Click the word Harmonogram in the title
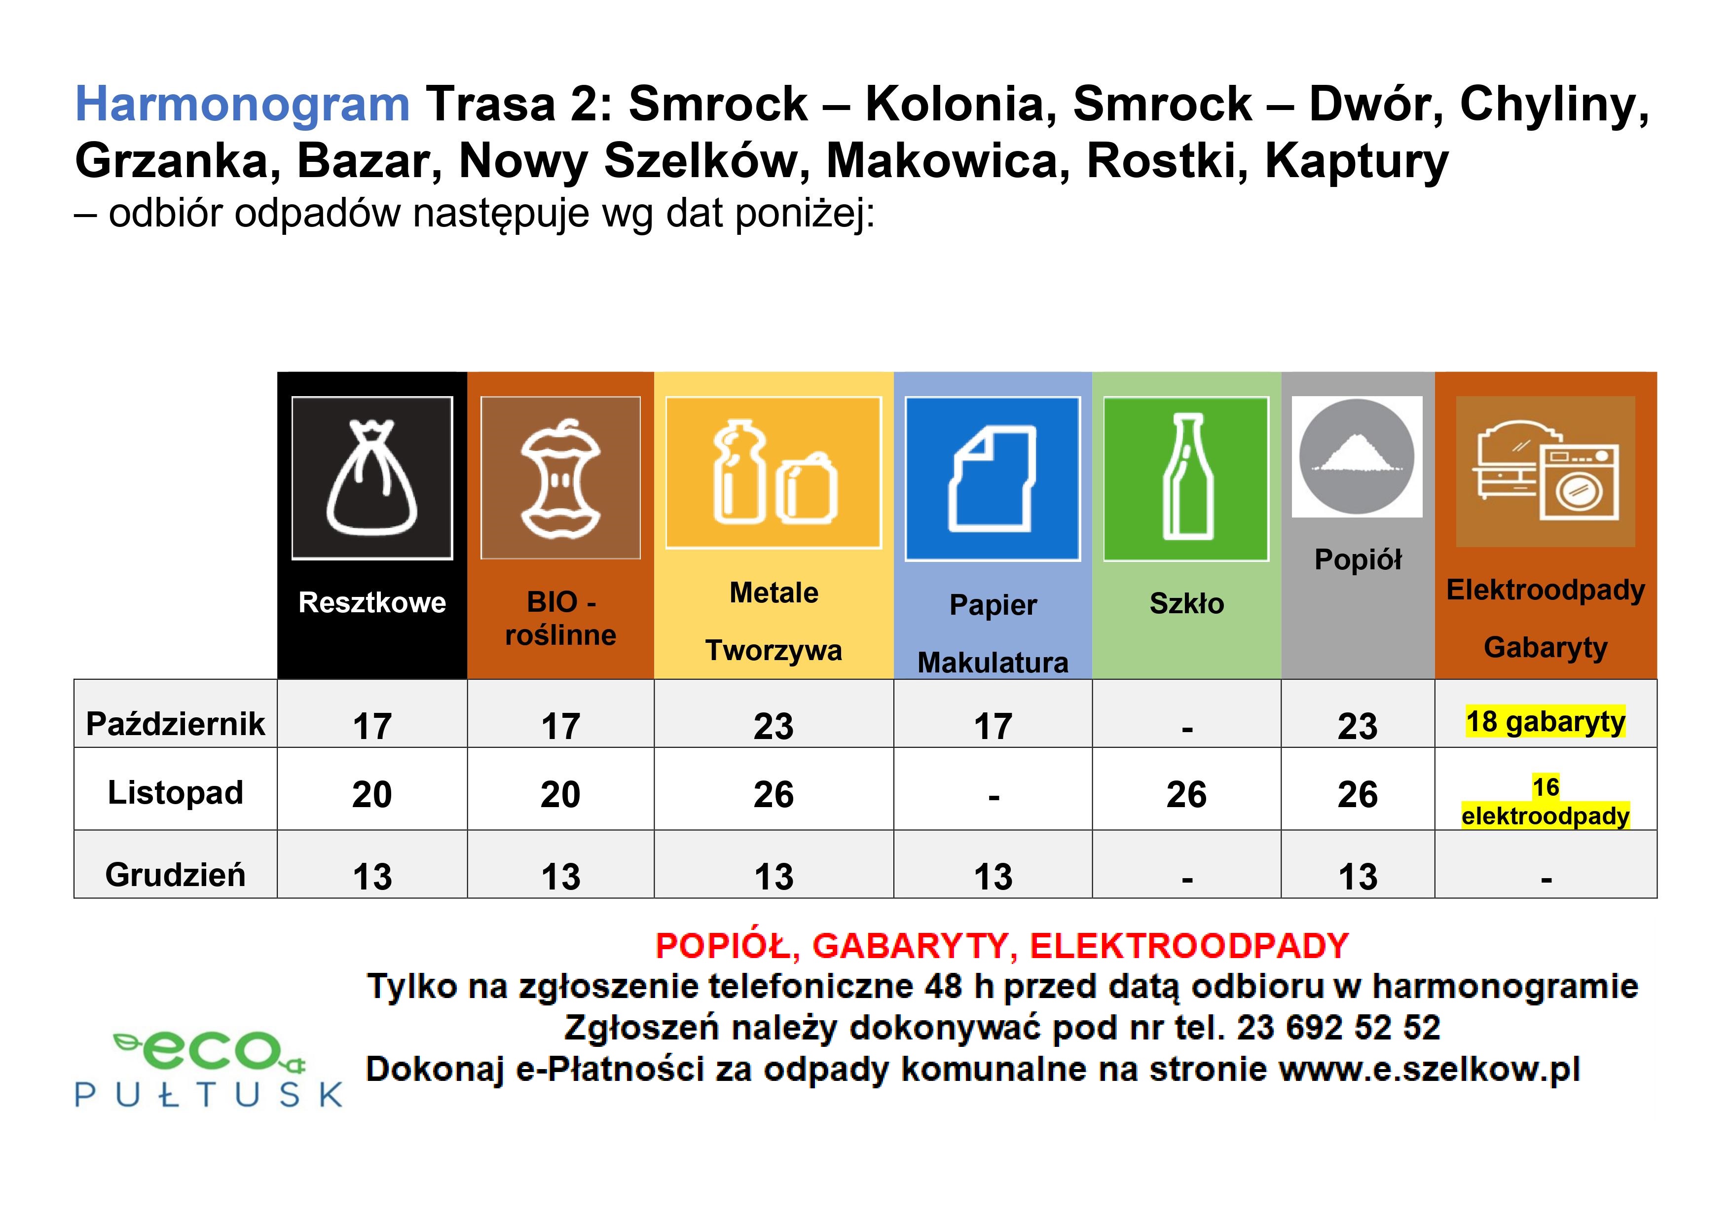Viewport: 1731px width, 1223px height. (x=242, y=105)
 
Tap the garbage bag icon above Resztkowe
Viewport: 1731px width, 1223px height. (x=372, y=478)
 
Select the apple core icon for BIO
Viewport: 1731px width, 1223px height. (x=560, y=478)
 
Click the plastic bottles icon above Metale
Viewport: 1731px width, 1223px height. (x=773, y=473)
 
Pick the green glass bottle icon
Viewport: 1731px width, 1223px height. (x=1186, y=479)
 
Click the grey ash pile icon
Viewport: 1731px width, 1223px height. (x=1357, y=457)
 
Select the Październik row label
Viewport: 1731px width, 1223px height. (x=176, y=724)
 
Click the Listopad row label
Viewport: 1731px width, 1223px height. (x=176, y=792)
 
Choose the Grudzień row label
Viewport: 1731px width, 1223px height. (x=176, y=875)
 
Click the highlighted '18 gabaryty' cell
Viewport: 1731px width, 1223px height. (x=1546, y=722)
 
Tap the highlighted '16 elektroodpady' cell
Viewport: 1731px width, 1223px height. (x=1546, y=802)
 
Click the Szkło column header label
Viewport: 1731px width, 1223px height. (x=1187, y=603)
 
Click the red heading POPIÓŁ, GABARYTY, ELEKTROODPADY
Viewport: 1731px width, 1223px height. (x=1002, y=946)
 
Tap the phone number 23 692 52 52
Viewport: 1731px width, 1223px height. (x=1338, y=1028)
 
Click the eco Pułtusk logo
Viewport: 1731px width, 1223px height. (x=209, y=1068)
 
